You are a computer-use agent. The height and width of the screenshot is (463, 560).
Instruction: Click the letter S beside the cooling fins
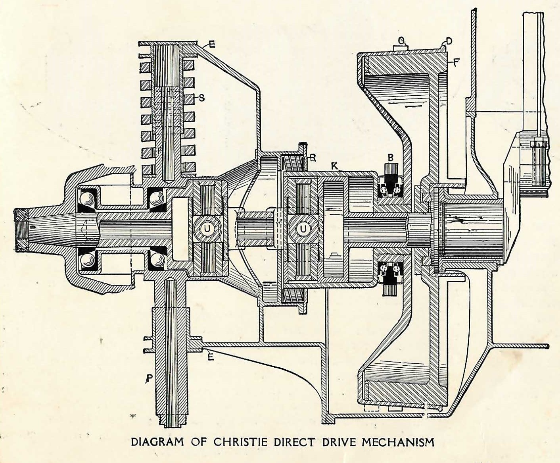point(202,98)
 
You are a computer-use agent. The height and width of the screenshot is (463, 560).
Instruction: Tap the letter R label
point(313,158)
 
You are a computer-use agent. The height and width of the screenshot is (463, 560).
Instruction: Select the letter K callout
point(335,167)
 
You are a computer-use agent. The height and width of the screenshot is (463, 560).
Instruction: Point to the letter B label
point(391,158)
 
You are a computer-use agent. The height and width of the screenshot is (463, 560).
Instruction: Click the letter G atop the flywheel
point(402,41)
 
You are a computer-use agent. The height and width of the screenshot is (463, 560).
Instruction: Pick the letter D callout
point(449,41)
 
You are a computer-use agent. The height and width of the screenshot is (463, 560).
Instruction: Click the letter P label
point(149,378)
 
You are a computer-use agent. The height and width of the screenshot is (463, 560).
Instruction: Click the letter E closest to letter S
point(211,45)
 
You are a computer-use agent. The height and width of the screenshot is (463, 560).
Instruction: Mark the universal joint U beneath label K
point(304,228)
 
